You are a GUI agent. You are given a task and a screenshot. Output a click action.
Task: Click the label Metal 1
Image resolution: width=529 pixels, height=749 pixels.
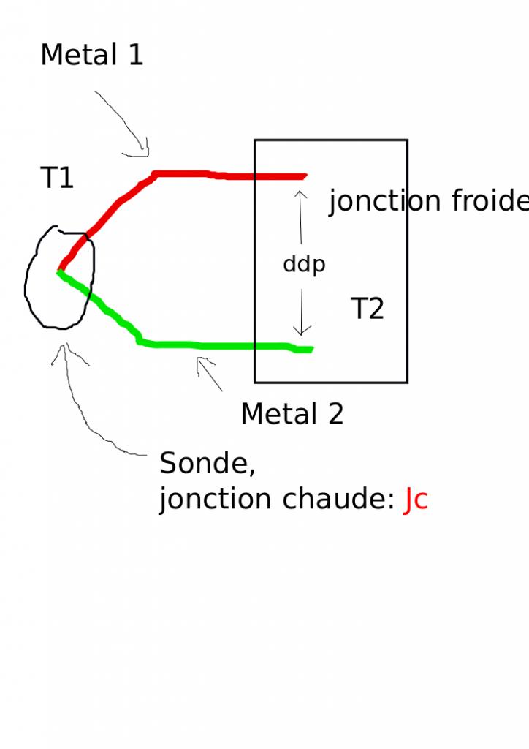pos(92,56)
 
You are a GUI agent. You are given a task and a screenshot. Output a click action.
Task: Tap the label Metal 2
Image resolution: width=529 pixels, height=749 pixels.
pos(292,415)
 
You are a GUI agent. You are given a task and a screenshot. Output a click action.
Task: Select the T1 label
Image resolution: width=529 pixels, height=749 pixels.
pos(57,178)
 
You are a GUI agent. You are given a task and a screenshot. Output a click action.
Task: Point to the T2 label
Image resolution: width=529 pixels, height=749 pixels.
pos(367,309)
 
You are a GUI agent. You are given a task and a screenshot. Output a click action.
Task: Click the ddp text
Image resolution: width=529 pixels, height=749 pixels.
pos(304,265)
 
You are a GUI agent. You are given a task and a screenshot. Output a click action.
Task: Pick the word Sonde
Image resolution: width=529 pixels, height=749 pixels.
pos(207,463)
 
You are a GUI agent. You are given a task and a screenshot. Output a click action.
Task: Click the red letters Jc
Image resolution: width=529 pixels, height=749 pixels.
pos(416,500)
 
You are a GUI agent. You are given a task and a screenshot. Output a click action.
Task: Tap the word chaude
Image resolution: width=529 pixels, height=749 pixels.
pos(338,500)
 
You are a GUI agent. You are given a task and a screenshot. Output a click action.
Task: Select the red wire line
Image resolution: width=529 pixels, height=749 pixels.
pos(219,176)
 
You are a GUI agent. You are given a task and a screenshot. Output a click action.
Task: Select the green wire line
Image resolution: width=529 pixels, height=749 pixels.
pos(219,345)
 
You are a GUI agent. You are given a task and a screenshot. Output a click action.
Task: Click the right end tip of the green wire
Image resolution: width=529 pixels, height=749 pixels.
pos(311,350)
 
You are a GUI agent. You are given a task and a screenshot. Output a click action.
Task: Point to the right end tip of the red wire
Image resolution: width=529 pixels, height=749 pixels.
pos(305,176)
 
